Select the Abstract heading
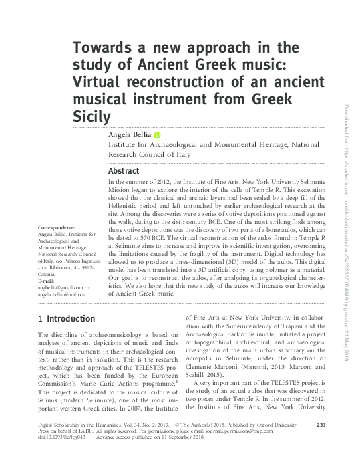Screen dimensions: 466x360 [x=124, y=170]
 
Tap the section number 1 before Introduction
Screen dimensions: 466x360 [x=41, y=318]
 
